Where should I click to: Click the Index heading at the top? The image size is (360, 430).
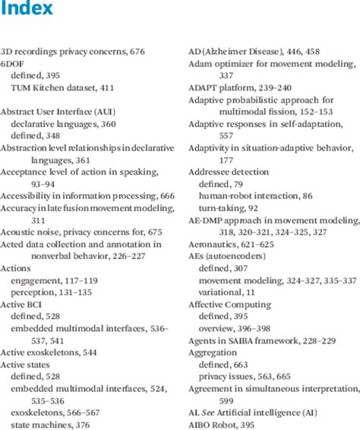coord(27,9)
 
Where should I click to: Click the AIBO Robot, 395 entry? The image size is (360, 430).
coord(223,424)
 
